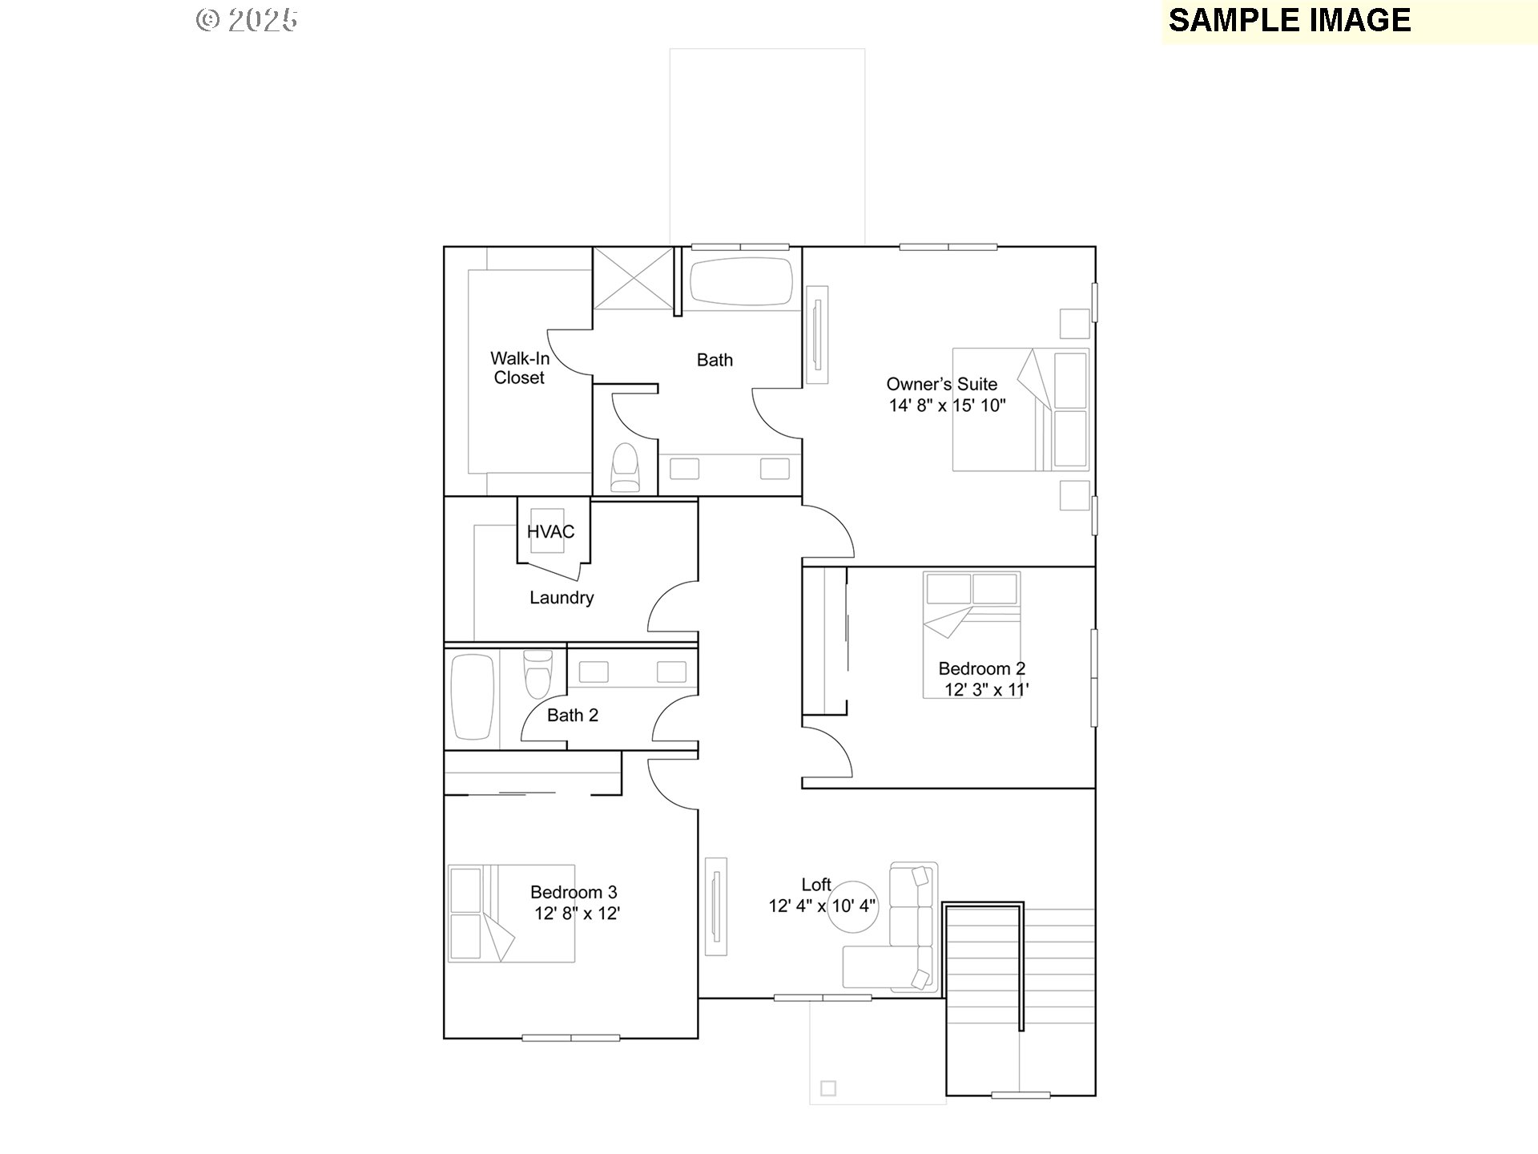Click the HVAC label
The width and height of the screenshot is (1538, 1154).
click(550, 532)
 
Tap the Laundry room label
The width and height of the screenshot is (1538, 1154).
click(562, 598)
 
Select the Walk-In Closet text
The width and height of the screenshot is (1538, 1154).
click(519, 368)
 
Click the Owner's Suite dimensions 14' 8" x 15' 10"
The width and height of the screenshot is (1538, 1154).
click(947, 406)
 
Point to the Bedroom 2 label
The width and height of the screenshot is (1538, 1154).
click(981, 668)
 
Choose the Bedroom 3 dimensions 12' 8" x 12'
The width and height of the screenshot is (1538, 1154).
click(577, 914)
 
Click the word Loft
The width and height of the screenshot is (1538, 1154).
click(816, 885)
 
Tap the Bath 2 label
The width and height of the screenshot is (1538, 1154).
click(572, 716)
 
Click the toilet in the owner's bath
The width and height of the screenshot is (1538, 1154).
click(625, 468)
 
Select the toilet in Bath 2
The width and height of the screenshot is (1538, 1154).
click(537, 673)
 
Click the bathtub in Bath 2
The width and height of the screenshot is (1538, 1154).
click(473, 696)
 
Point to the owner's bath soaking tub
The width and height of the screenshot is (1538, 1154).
click(741, 281)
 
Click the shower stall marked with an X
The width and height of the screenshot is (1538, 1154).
click(634, 277)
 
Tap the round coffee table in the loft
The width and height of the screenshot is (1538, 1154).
click(854, 907)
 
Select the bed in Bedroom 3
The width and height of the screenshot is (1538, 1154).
click(511, 913)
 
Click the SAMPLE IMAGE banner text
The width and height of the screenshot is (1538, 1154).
click(1289, 21)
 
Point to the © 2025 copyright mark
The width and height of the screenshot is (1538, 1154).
click(247, 20)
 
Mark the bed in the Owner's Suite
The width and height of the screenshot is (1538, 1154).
click(1020, 410)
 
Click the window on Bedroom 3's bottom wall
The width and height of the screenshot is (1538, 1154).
click(570, 1038)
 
